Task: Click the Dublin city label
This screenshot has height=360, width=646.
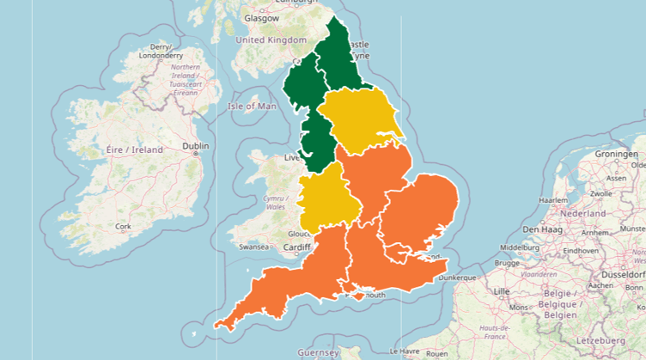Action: point(195,146)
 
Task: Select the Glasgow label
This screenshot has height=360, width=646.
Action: point(261,18)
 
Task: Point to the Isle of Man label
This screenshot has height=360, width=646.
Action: point(253,107)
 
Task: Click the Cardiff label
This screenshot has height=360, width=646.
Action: point(296,247)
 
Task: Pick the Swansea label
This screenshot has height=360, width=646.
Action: point(254,247)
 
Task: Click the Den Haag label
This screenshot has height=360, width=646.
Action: point(542,229)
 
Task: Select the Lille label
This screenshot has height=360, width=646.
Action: point(503,291)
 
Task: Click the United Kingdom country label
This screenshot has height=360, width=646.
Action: point(271,40)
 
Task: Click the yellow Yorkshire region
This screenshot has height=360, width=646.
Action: point(361,120)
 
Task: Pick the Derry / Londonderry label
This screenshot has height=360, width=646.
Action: point(160,52)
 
